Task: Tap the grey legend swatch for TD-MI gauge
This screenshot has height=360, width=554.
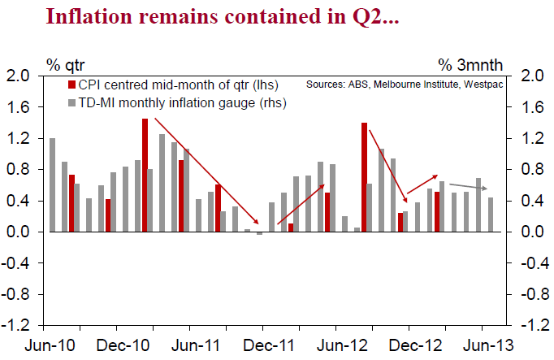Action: tap(71, 103)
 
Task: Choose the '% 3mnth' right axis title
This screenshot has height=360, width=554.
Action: tap(471, 63)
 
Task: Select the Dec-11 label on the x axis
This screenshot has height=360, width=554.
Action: tap(266, 345)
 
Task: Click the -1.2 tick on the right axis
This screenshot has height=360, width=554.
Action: tap(531, 325)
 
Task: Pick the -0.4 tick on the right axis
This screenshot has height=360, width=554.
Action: tap(531, 263)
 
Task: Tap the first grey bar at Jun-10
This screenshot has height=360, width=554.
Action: tap(52, 185)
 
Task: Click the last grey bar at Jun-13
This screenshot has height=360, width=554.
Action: tap(491, 215)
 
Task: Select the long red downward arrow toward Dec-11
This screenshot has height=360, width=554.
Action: tap(207, 171)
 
